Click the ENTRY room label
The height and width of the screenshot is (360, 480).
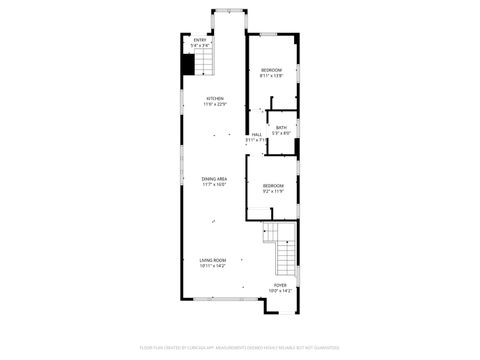[x=200, y=40]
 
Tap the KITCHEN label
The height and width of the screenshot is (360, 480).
[x=214, y=98]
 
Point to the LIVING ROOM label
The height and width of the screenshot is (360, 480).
[x=212, y=260]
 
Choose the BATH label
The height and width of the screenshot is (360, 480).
[x=282, y=127]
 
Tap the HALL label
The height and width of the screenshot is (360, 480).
[x=257, y=135]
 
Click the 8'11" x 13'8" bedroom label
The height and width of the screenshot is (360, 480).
[x=272, y=70]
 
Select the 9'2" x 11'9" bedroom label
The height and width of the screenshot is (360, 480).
[x=273, y=186]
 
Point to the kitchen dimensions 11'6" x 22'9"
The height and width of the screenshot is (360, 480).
[x=214, y=104]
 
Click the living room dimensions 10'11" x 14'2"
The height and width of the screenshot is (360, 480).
[x=212, y=266]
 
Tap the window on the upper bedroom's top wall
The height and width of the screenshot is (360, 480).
[x=273, y=37]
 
